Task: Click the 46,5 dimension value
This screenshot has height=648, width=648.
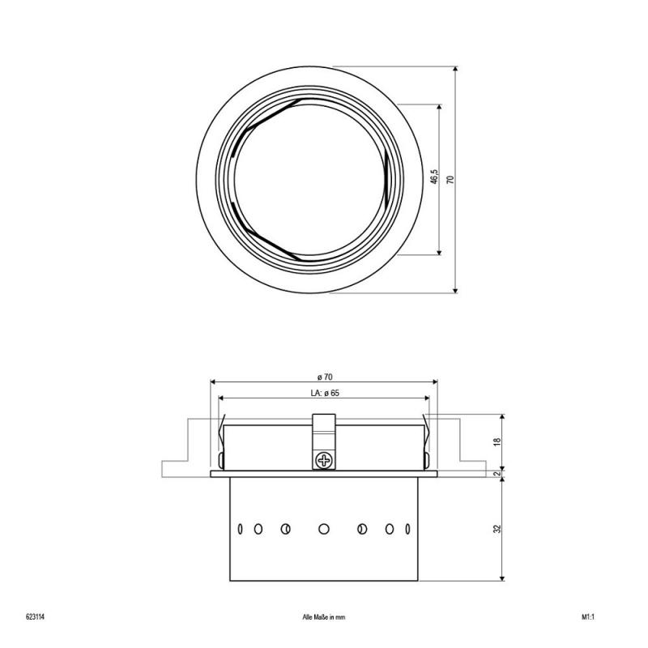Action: [x=434, y=177]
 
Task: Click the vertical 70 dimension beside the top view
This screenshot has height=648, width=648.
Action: [x=450, y=179]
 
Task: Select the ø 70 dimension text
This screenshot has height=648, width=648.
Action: [x=325, y=377]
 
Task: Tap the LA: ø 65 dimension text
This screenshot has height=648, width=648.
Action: [x=325, y=393]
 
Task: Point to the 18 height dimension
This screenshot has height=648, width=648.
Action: [x=497, y=441]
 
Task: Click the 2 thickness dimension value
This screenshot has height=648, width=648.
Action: [x=497, y=474]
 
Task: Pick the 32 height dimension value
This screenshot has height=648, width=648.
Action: [x=497, y=529]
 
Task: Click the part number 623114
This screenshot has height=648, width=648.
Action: [x=35, y=617]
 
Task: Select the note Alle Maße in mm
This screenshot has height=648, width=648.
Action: [x=323, y=617]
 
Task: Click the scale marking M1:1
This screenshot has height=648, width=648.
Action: [x=588, y=617]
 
